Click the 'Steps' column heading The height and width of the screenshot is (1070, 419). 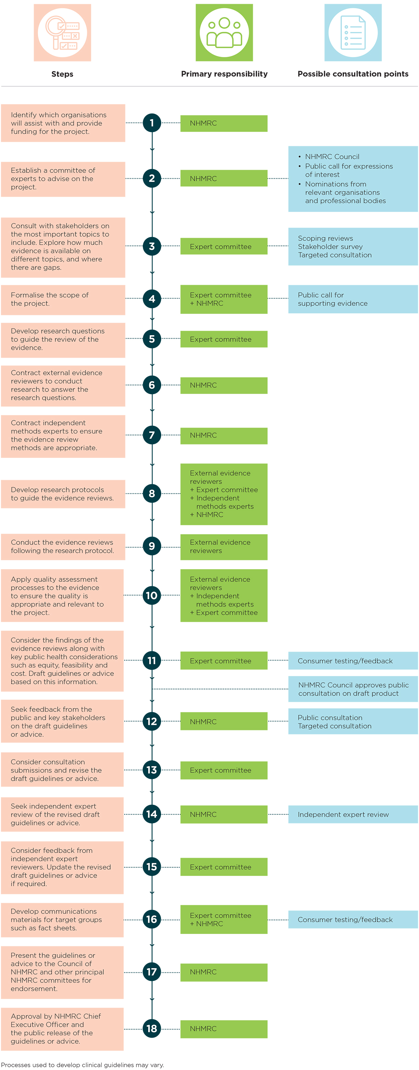[x=62, y=74]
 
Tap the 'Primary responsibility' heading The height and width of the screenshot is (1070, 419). [x=224, y=74]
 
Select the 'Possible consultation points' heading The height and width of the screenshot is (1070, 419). [x=353, y=74]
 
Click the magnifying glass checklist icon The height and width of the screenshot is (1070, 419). [x=62, y=33]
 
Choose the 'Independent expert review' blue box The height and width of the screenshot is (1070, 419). [x=353, y=814]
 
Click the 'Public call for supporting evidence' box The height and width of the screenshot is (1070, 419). [x=353, y=299]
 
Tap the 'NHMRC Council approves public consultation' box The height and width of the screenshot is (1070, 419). [x=353, y=689]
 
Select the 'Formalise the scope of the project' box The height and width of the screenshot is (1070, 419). [x=63, y=300]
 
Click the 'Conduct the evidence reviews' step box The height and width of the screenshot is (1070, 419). [x=63, y=547]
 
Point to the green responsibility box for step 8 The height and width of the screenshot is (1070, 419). [x=224, y=494]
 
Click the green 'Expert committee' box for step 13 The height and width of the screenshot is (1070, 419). [x=224, y=770]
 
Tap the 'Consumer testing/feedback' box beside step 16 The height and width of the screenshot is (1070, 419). [x=353, y=920]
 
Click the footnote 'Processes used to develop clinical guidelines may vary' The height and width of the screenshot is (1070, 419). [x=83, y=1065]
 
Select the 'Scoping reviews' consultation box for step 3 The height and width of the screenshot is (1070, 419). [x=353, y=246]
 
